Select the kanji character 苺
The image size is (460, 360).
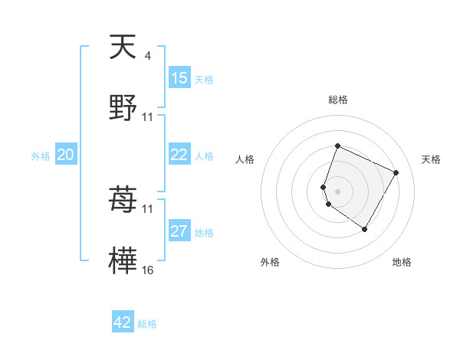tap(123, 201)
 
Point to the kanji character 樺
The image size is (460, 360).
tap(123, 260)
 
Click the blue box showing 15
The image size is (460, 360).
tap(179, 78)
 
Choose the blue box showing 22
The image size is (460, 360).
tap(179, 155)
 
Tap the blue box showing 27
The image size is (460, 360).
tap(179, 231)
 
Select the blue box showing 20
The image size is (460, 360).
tap(65, 155)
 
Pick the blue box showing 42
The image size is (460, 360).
tap(123, 322)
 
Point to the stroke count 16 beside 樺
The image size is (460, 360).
tap(148, 270)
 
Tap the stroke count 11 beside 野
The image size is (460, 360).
tap(148, 116)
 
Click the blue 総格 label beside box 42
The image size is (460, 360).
tap(147, 324)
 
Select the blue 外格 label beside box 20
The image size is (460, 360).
tap(41, 156)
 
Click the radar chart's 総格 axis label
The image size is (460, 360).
tap(338, 100)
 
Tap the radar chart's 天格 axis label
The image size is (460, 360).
tap(431, 159)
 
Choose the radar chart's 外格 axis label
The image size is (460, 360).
tap(270, 262)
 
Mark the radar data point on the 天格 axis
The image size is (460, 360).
tap(396, 172)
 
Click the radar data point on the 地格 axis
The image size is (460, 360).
tap(365, 229)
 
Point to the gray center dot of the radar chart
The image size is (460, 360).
tap(338, 191)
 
